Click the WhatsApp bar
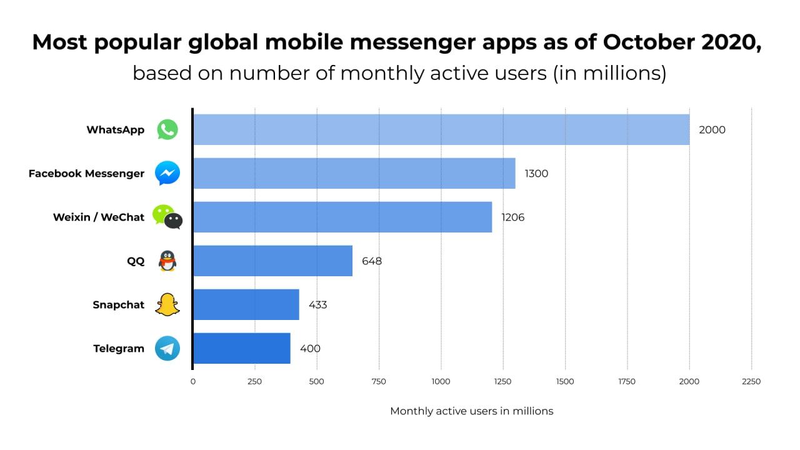click(x=441, y=130)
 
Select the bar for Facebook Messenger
click(x=354, y=173)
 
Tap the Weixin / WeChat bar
click(x=342, y=217)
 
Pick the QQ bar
click(x=272, y=261)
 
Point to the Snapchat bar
click(x=246, y=304)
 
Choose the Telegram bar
click(x=242, y=348)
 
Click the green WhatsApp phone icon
click(x=167, y=130)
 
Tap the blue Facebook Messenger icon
click(x=167, y=173)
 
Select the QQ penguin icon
click(x=167, y=261)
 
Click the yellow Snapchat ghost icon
click(x=167, y=304)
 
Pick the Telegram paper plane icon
click(x=167, y=348)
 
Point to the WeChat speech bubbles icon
click(x=167, y=217)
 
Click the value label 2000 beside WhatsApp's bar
click(x=712, y=130)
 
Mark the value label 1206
click(x=512, y=217)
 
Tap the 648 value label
click(x=372, y=261)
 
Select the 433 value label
click(x=317, y=305)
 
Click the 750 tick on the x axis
click(x=378, y=381)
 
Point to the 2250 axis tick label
click(x=751, y=381)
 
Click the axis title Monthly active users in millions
click(x=471, y=411)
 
